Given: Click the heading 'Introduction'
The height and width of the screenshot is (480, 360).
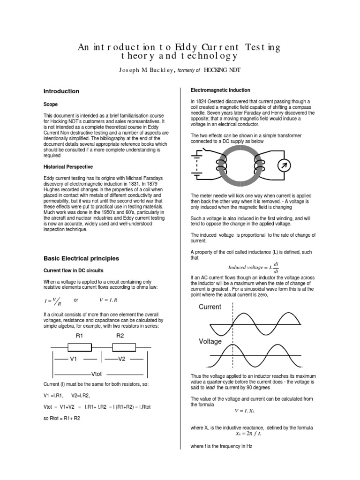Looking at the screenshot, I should [61, 91].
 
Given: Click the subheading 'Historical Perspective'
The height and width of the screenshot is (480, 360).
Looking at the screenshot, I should [68, 167].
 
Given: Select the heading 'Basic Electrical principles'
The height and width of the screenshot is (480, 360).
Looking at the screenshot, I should [81, 258].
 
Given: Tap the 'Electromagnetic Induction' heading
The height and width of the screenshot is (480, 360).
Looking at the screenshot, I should [220, 90].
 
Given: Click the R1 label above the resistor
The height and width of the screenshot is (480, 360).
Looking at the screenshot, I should [79, 336].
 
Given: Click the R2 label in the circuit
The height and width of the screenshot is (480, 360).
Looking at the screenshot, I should [120, 336].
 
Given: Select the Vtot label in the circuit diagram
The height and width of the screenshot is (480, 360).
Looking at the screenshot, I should [97, 374].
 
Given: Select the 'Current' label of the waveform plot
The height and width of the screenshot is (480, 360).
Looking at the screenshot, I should [210, 307].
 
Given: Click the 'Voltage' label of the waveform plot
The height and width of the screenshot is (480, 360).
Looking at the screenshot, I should [210, 342].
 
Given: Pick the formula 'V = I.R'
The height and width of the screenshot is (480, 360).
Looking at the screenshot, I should [108, 300].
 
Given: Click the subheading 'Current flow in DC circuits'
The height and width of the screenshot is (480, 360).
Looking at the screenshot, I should [74, 270].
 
